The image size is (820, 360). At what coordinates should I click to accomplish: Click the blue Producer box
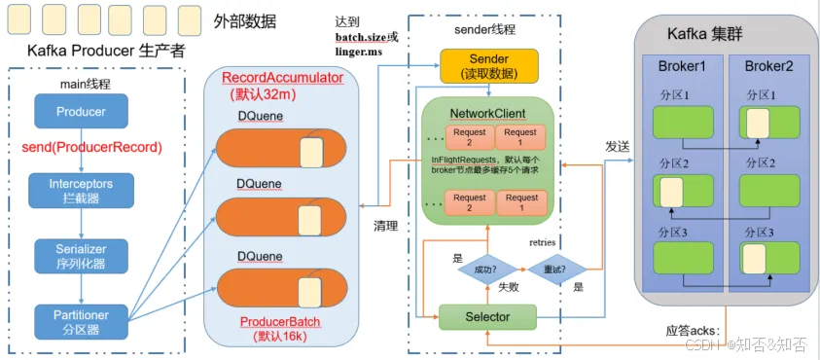(81, 112)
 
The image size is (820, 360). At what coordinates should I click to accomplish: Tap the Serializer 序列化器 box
(81, 255)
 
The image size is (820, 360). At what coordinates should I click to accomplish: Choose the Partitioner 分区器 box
(81, 319)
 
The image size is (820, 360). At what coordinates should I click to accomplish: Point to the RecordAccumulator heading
(281, 78)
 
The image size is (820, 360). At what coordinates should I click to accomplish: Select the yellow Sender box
(488, 65)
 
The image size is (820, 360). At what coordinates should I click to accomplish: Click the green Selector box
(487, 316)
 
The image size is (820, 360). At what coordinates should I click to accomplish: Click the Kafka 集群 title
(705, 34)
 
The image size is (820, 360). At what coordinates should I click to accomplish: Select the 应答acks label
(692, 330)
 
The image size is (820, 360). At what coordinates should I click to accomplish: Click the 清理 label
(386, 225)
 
